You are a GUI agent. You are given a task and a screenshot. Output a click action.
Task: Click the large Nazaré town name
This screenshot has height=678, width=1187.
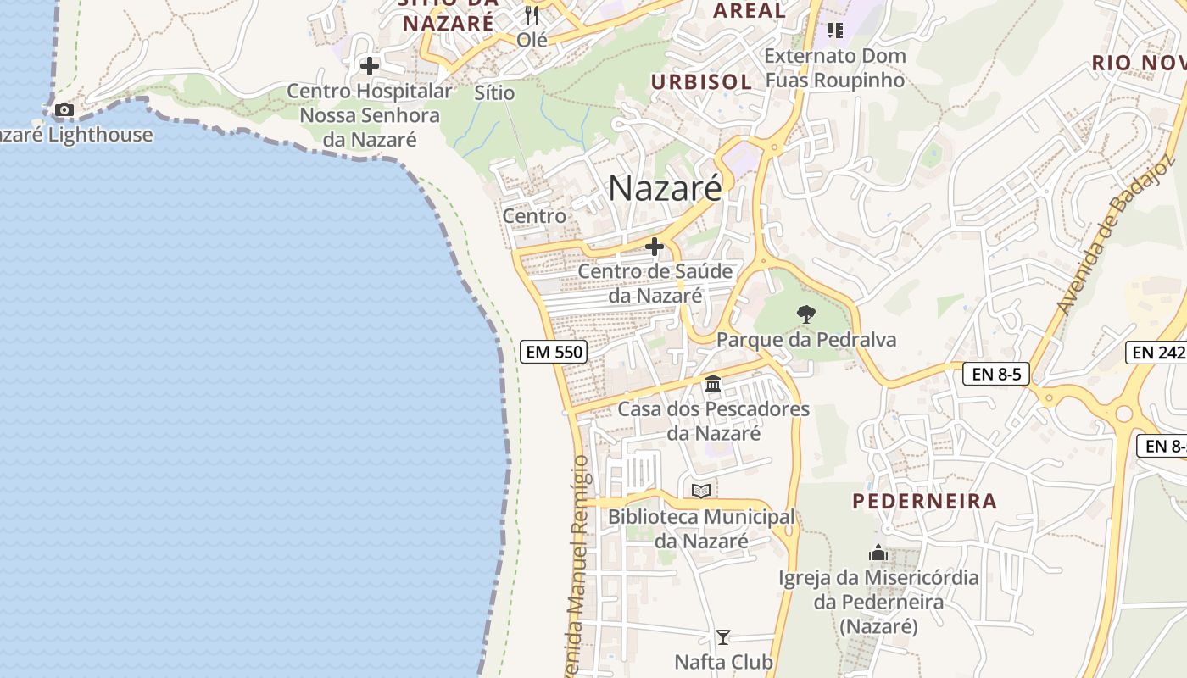point(665,188)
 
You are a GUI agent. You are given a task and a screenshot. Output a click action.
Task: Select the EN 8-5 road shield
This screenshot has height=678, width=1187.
point(995,373)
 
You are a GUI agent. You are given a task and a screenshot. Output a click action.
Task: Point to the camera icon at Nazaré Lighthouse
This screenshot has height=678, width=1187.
point(64,109)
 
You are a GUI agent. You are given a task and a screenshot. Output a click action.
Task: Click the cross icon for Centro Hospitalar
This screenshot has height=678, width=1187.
point(370,65)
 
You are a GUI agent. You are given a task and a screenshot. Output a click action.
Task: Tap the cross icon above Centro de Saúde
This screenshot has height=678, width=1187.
point(655,247)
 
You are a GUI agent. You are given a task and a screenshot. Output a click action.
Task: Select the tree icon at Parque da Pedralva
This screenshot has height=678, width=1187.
point(806,314)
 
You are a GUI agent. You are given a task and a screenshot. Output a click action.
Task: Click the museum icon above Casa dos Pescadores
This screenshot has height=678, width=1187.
point(713,384)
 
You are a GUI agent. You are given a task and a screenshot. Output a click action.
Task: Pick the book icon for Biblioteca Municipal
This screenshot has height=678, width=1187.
point(701,491)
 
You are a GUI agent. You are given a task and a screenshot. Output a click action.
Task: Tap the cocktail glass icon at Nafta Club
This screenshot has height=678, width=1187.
point(723,636)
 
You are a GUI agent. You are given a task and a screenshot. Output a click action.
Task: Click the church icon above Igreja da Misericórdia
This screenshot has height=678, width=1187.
point(878,553)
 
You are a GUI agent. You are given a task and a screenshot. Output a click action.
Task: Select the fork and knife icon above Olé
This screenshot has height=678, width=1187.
point(532,14)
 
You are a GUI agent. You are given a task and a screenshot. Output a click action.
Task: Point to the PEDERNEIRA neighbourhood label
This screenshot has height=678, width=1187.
point(924,501)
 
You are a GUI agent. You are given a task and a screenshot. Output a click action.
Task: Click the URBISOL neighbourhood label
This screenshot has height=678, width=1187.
point(701,81)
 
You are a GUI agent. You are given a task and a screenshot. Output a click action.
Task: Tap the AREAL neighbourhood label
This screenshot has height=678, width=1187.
point(750,11)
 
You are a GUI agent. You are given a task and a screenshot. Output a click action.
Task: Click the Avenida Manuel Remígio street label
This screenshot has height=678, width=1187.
point(578,568)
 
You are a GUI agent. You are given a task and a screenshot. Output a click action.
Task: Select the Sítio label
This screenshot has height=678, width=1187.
point(495,92)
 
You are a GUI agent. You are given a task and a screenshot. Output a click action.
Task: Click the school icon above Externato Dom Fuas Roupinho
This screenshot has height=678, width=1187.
point(835,31)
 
